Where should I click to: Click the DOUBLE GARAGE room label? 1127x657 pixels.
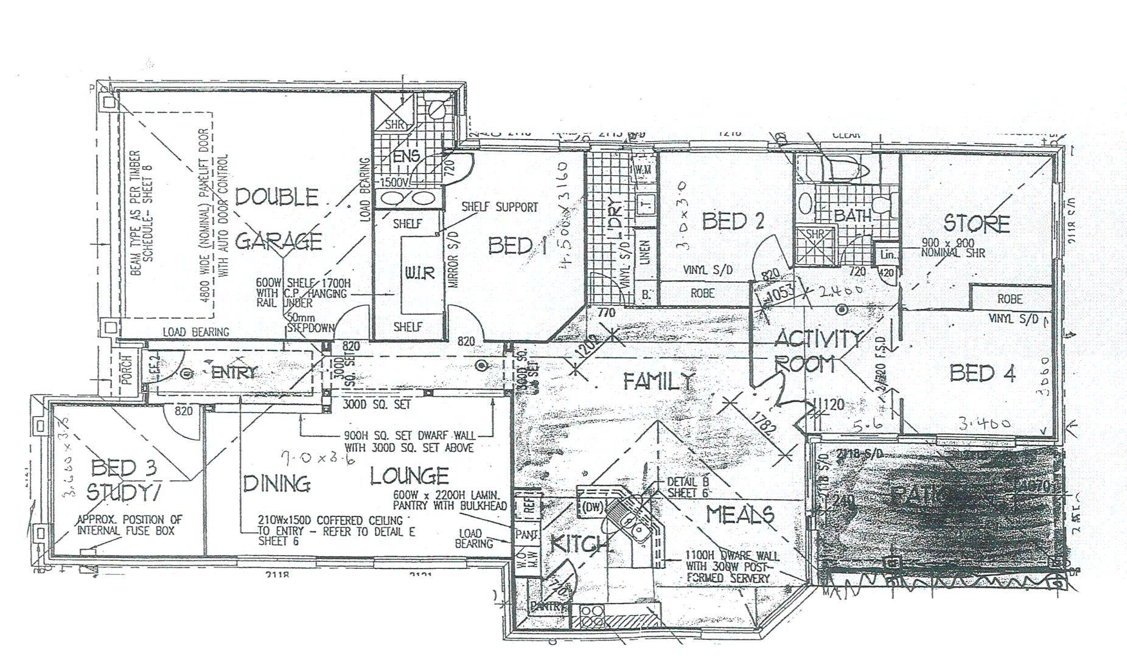(277, 219)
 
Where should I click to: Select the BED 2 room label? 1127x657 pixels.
(733, 221)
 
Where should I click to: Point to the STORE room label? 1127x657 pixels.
(977, 224)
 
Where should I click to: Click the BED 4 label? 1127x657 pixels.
(982, 374)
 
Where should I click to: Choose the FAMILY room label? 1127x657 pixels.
(659, 381)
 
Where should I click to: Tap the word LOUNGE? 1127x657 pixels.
(410, 476)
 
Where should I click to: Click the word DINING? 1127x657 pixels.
(277, 484)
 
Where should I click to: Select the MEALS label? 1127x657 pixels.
(740, 516)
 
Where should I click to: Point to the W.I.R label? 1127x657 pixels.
(420, 273)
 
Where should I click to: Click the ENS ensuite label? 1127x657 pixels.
(406, 156)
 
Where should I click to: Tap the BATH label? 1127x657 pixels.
(853, 215)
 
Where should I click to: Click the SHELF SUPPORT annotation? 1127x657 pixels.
(500, 207)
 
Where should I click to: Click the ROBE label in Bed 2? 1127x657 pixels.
(702, 293)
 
